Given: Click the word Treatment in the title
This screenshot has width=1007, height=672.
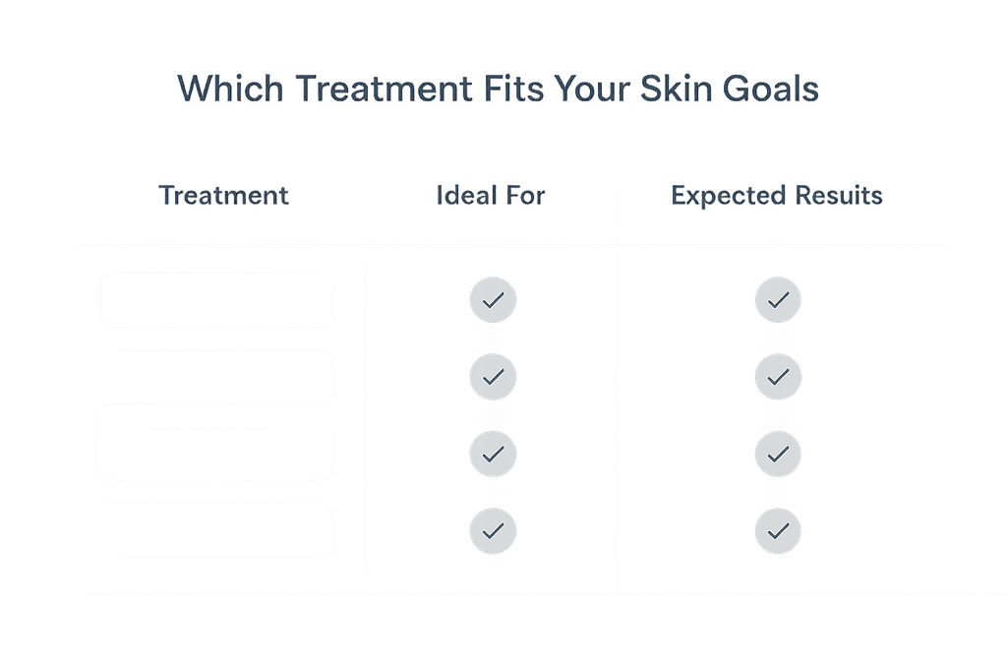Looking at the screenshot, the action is [x=383, y=90].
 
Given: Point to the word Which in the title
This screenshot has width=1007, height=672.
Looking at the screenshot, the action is [x=230, y=90].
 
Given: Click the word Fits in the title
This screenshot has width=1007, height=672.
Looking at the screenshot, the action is [x=513, y=90].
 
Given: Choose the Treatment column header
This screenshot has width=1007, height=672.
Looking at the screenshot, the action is [x=224, y=196].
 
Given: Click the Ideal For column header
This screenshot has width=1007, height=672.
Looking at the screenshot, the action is [x=491, y=196].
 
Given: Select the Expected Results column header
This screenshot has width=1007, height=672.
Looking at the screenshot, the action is [x=777, y=196].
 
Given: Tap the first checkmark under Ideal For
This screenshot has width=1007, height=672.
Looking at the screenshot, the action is [x=493, y=300].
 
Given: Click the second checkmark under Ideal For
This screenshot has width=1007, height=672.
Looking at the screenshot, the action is [x=493, y=376].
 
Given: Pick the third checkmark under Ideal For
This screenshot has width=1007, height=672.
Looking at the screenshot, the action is [x=493, y=454].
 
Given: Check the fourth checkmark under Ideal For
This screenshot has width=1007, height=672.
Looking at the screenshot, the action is [x=493, y=530].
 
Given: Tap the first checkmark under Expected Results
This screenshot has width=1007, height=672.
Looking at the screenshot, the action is [x=778, y=300].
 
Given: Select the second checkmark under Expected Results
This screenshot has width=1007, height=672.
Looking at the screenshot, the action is [x=778, y=376].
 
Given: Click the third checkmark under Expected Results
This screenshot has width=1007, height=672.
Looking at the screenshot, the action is [x=778, y=454].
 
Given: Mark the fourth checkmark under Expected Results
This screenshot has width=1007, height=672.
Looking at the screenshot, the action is [x=778, y=530].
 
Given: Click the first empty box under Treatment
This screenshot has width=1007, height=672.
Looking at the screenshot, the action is [x=216, y=299].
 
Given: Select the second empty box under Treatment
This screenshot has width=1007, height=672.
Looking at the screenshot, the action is [x=216, y=376].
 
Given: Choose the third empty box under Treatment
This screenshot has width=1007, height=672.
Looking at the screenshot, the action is [x=216, y=454].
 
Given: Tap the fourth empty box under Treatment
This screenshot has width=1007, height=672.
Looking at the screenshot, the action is [x=216, y=530].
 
